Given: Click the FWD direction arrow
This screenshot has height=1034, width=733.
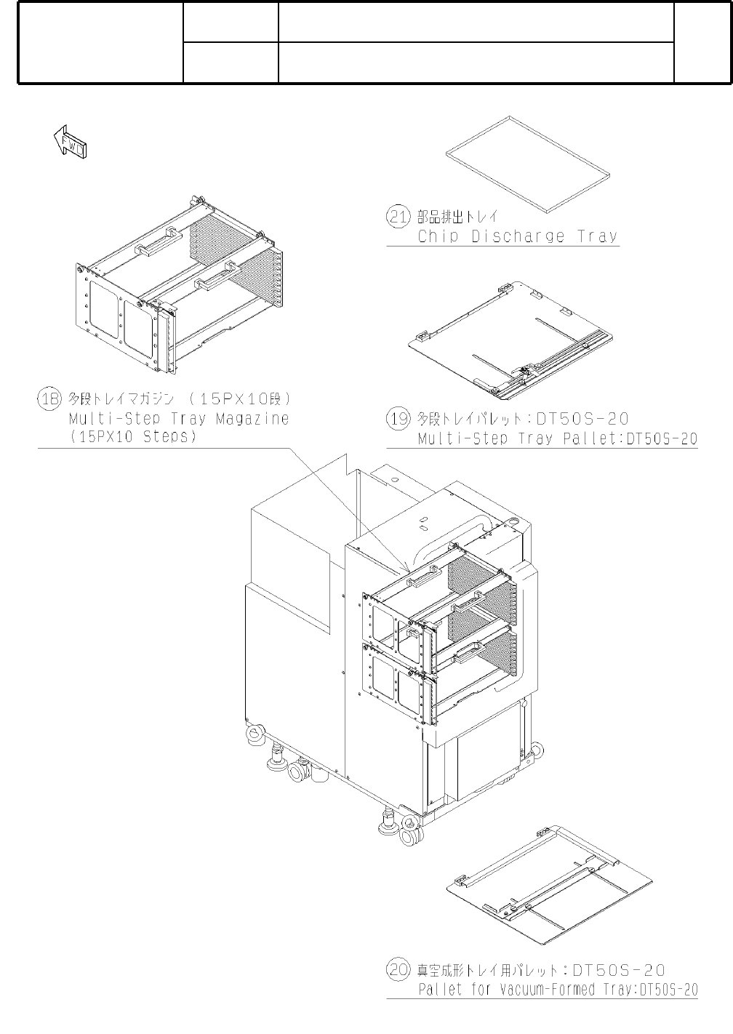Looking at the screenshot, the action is point(70,141).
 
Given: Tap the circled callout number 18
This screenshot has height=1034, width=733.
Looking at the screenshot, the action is point(49,398).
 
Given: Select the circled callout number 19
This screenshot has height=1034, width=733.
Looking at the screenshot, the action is point(398,419).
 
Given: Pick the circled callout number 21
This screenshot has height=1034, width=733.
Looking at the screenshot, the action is point(398,217).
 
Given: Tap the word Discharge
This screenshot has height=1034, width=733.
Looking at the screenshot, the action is point(518,236).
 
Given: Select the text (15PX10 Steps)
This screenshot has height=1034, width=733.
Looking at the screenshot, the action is point(133,437).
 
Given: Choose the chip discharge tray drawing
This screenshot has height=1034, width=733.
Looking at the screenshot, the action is point(528,164).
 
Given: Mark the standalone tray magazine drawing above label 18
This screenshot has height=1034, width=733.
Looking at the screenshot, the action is point(179,285).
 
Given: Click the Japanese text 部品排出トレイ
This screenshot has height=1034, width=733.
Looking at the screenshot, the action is point(457,217).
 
